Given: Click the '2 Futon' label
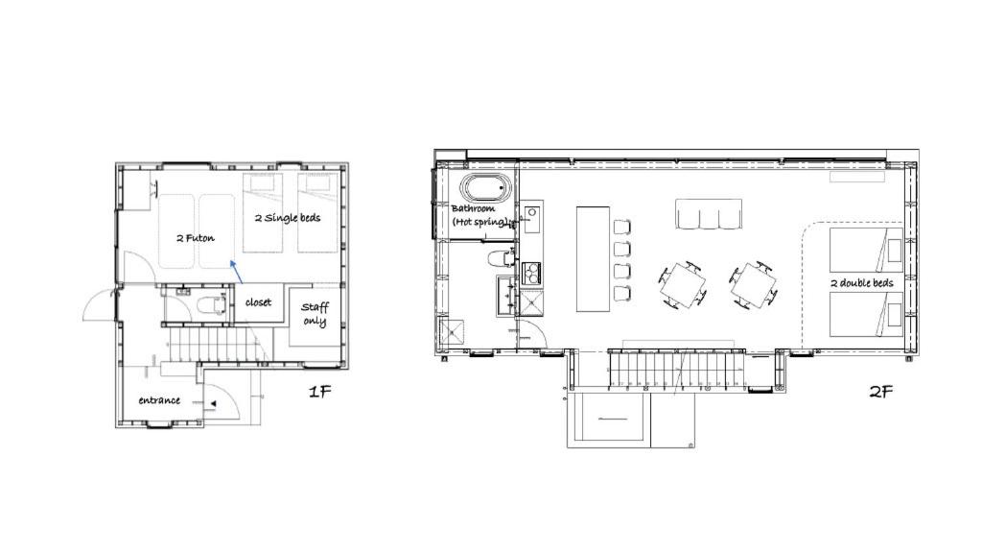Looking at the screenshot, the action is (196, 238).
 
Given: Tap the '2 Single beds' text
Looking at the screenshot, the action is (288, 218).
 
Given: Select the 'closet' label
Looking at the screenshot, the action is (258, 302).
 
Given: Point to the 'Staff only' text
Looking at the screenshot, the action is (315, 314).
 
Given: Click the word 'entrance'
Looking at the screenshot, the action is (159, 400).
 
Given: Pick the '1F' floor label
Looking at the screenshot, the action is (319, 392).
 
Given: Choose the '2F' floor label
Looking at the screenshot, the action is (880, 392).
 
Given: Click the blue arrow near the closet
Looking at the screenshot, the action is (237, 272).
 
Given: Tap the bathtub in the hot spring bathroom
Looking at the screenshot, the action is (485, 187).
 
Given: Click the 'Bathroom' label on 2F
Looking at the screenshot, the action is (473, 208).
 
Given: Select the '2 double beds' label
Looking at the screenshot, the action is (862, 283).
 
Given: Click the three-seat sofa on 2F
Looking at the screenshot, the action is (709, 214).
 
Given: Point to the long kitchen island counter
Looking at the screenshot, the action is (593, 259).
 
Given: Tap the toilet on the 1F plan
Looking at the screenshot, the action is (210, 305).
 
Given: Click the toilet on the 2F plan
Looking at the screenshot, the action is (500, 257).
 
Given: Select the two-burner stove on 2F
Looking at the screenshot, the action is (531, 272).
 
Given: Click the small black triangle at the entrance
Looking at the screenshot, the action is (214, 404).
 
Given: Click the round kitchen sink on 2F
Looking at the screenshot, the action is (532, 212).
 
